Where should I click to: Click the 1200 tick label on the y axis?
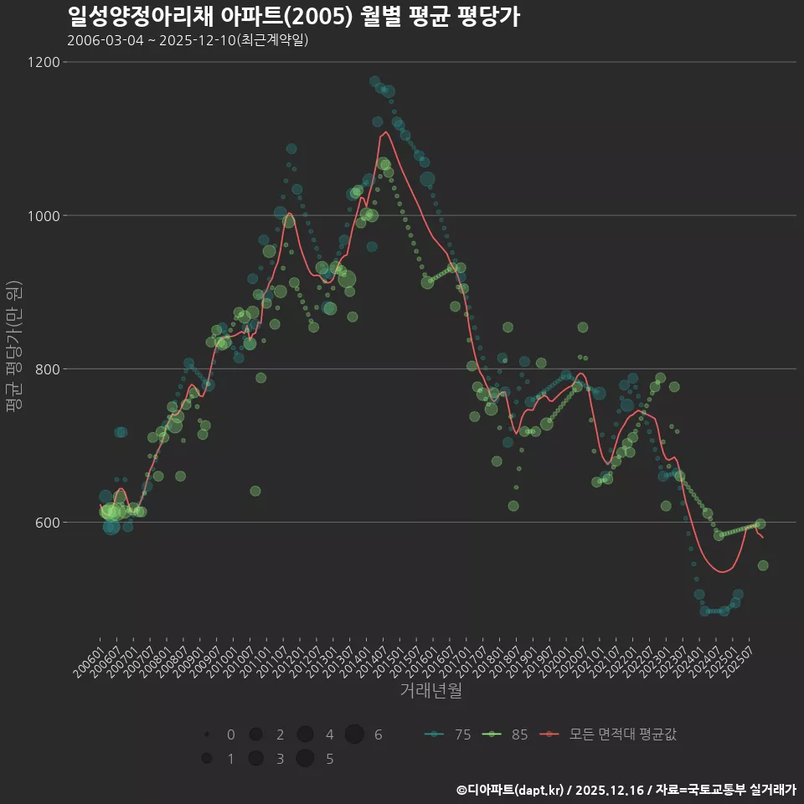pyautogui.click(x=43, y=62)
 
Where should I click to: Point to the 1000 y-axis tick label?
pyautogui.click(x=43, y=215)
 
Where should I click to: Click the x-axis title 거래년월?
pyautogui.click(x=430, y=691)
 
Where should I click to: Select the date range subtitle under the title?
pyautogui.click(x=188, y=40)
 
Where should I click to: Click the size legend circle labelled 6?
pyautogui.click(x=354, y=734)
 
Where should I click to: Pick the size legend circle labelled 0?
pyautogui.click(x=206, y=734)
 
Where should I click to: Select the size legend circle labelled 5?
pyautogui.click(x=305, y=759)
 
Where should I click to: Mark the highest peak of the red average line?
pyautogui.click(x=384, y=131)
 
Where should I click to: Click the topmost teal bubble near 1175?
pyautogui.click(x=374, y=81)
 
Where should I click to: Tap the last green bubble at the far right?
pyautogui.click(x=763, y=565)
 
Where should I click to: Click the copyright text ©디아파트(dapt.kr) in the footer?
pyautogui.click(x=511, y=790)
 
